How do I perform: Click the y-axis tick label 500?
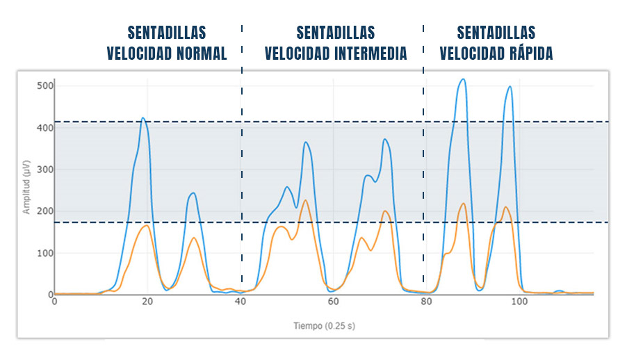click(x=45, y=86)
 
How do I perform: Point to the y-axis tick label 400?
click(x=45, y=128)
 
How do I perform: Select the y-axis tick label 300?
click(x=45, y=170)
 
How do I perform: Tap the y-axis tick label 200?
click(x=45, y=211)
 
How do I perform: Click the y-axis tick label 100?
click(x=45, y=253)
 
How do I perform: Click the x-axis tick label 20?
click(x=147, y=302)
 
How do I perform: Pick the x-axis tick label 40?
click(x=241, y=302)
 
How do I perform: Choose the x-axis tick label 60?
click(x=333, y=302)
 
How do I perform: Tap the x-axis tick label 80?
click(x=426, y=302)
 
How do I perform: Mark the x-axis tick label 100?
click(x=519, y=302)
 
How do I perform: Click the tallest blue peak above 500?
click(x=462, y=79)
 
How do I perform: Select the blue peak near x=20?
click(x=142, y=118)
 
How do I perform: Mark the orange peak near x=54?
click(x=304, y=201)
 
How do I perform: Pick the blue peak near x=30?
click(x=193, y=193)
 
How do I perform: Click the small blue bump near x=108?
click(x=559, y=291)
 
